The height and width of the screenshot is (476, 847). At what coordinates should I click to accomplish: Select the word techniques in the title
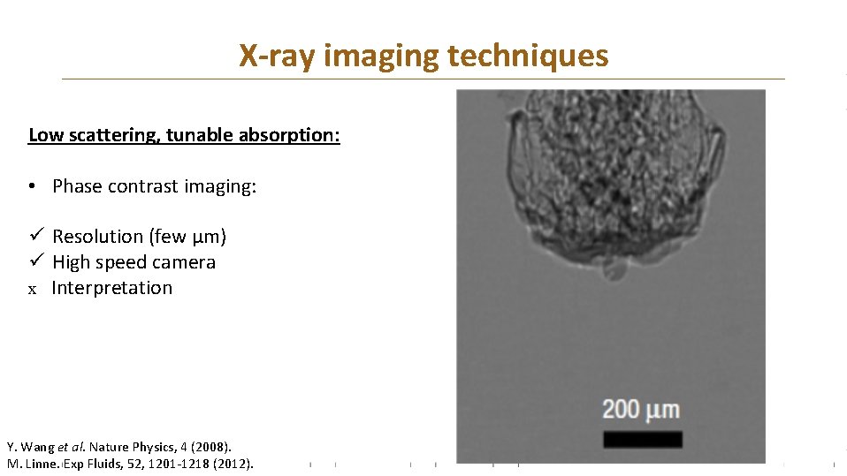(528, 57)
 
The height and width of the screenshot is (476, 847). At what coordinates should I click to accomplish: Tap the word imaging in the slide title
(382, 57)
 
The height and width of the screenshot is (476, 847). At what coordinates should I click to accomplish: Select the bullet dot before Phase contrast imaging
(31, 186)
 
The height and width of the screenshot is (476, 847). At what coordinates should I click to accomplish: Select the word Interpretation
(111, 288)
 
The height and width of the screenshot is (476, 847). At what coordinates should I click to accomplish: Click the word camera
(185, 262)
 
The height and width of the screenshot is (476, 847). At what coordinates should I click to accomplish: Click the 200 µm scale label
(641, 409)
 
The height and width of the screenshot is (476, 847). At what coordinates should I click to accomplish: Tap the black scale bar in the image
(642, 439)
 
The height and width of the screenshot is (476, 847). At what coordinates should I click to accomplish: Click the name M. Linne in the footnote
(34, 463)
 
